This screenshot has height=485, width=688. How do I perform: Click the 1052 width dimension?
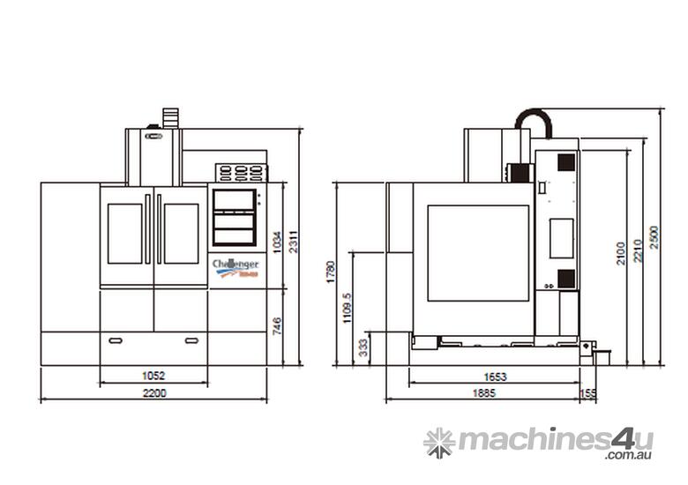click(153, 376)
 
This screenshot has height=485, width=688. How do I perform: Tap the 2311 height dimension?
click(295, 241)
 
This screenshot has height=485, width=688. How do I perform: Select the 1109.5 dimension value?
click(348, 309)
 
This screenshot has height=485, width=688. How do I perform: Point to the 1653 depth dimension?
click(496, 377)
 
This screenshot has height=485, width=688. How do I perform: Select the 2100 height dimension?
click(621, 253)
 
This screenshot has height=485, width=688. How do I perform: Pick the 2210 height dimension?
click(638, 253)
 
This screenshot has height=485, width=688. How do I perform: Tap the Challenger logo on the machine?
click(236, 267)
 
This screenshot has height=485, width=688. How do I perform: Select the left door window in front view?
click(125, 234)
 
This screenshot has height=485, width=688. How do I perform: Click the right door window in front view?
click(181, 234)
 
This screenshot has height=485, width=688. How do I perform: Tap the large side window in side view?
click(479, 253)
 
